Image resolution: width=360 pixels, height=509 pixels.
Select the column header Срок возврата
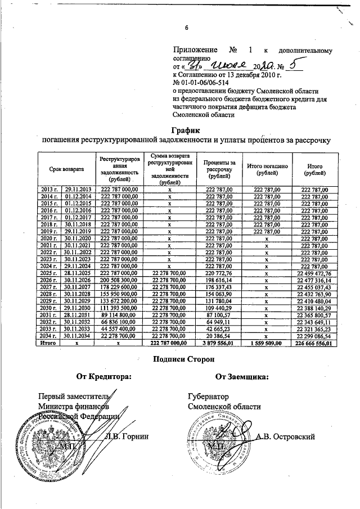coord(66,169)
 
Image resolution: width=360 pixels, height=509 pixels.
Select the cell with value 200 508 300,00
coord(119,280)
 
